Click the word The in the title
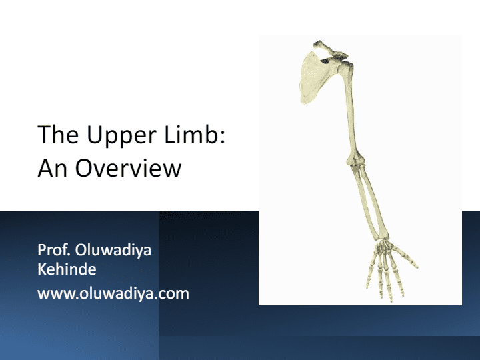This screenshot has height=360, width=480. coord(58,134)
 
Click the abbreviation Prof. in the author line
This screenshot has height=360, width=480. coord(54,250)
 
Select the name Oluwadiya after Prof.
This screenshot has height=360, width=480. coord(113,251)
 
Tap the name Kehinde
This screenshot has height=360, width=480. coord(67,269)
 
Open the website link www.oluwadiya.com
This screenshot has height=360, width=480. coord(113,293)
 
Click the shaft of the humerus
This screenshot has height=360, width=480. coord(351,113)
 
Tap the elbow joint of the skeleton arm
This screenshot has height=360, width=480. coord(356,162)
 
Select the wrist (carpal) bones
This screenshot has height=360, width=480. coord(383,244)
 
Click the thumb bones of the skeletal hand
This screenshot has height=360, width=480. coord(403,255)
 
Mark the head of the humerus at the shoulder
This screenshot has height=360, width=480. coord(346,67)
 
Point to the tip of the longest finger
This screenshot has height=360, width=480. coord(391,301)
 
